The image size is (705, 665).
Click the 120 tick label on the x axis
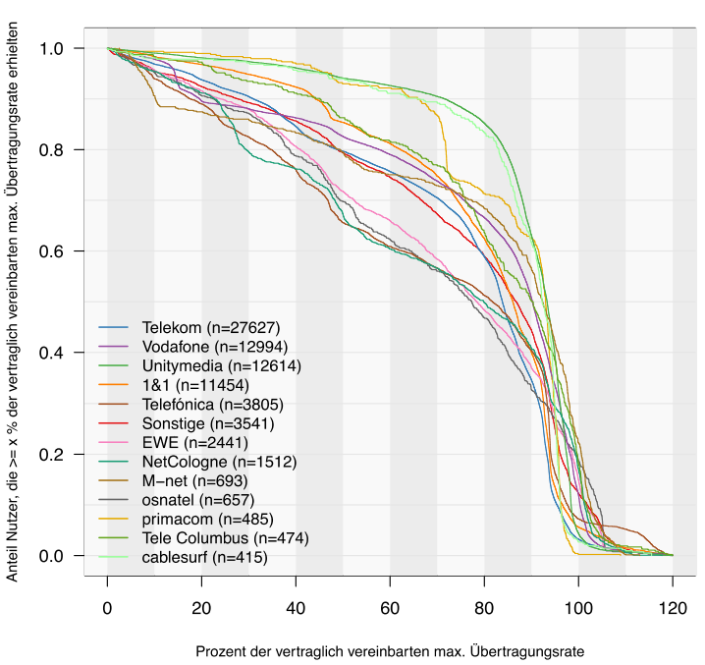click(673, 607)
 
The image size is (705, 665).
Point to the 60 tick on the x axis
click(390, 607)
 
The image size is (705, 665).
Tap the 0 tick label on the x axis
click(107, 607)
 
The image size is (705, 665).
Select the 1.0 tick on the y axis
click(56, 48)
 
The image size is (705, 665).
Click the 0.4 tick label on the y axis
click(56, 353)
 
